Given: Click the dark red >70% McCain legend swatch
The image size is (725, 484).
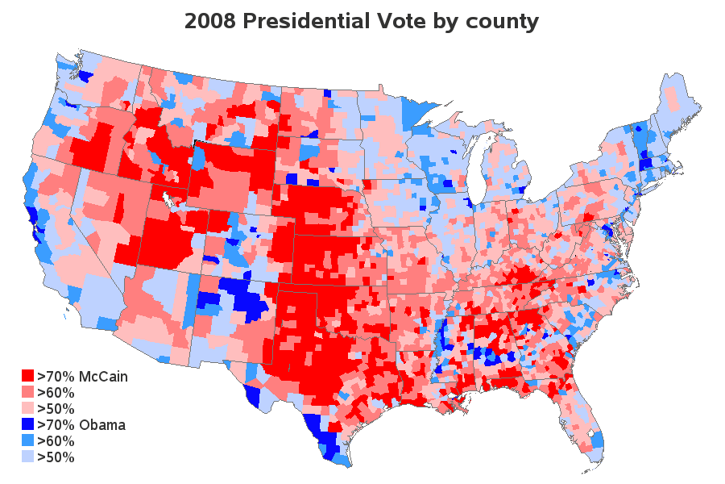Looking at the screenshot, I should coord(27,376).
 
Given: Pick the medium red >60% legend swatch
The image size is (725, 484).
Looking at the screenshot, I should coord(27,392).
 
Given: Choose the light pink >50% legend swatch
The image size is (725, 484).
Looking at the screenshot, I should coord(27,408).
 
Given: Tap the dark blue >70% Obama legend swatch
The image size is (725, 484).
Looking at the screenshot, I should coord(27,424).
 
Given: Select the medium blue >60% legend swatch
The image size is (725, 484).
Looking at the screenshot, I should coord(27,441).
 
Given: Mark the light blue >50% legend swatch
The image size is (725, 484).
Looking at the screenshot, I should coord(27,457).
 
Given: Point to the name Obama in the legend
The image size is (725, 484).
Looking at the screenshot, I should coord(106,424).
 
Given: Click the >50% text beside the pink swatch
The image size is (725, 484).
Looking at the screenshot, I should coord(56,408).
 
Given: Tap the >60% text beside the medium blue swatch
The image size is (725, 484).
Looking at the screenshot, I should coord(56,441).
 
